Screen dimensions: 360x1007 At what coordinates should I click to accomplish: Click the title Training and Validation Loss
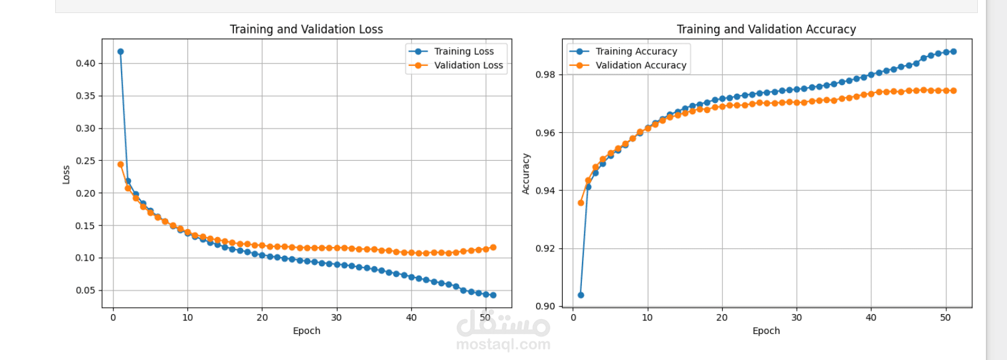pyautogui.click(x=306, y=29)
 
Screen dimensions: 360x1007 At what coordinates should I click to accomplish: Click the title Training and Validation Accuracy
pyautogui.click(x=766, y=29)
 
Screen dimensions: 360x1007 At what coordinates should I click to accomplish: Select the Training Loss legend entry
pyautogui.click(x=463, y=52)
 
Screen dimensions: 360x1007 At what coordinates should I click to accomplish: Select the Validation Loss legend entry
pyautogui.click(x=468, y=65)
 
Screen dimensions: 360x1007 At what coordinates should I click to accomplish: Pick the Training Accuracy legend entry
pyautogui.click(x=636, y=52)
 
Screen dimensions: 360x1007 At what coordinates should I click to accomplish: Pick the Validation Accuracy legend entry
pyautogui.click(x=640, y=65)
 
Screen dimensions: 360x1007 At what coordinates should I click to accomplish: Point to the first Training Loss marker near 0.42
pyautogui.click(x=120, y=52)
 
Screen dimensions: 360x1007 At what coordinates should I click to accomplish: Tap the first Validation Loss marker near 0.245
pyautogui.click(x=120, y=164)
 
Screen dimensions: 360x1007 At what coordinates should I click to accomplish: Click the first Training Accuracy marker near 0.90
pyautogui.click(x=581, y=295)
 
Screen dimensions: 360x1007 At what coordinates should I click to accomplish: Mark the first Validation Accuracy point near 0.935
pyautogui.click(x=581, y=203)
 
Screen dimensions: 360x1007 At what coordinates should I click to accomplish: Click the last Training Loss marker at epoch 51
pyautogui.click(x=493, y=295)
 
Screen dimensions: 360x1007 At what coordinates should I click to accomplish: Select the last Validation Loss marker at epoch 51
pyautogui.click(x=493, y=248)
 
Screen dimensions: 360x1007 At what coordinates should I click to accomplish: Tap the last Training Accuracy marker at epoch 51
pyautogui.click(x=953, y=52)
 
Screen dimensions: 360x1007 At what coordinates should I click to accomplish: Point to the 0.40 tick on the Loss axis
pyautogui.click(x=86, y=63)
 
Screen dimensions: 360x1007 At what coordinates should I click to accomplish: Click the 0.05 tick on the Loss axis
pyautogui.click(x=86, y=290)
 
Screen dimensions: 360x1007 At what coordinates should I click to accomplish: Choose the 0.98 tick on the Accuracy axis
pyautogui.click(x=545, y=74)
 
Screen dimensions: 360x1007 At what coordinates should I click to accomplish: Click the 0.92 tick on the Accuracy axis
pyautogui.click(x=545, y=248)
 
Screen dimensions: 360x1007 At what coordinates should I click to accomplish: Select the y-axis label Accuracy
pyautogui.click(x=526, y=174)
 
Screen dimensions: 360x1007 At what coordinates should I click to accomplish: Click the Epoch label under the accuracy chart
pyautogui.click(x=766, y=331)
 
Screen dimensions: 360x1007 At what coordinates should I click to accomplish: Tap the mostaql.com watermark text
pyautogui.click(x=503, y=344)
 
